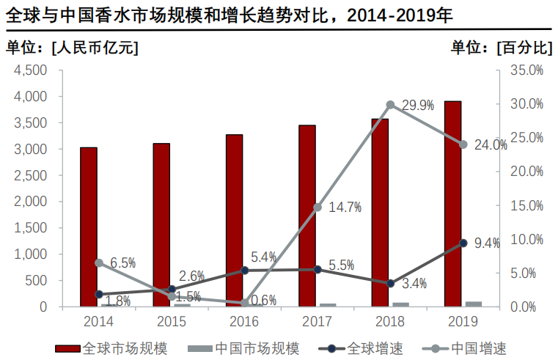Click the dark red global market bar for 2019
[452, 203]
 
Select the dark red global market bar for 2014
[88, 227]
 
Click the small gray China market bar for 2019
[474, 304]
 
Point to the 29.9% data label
[417, 106]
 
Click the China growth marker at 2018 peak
[390, 105]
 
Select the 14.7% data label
[345, 207]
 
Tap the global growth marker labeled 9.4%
[463, 243]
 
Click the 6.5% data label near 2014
[123, 262]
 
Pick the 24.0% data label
[491, 145]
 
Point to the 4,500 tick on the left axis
[31, 70]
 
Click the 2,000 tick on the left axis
[31, 202]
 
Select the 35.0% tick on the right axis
[526, 70]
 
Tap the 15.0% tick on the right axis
[526, 205]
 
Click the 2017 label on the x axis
[317, 321]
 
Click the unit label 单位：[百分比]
[501, 48]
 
